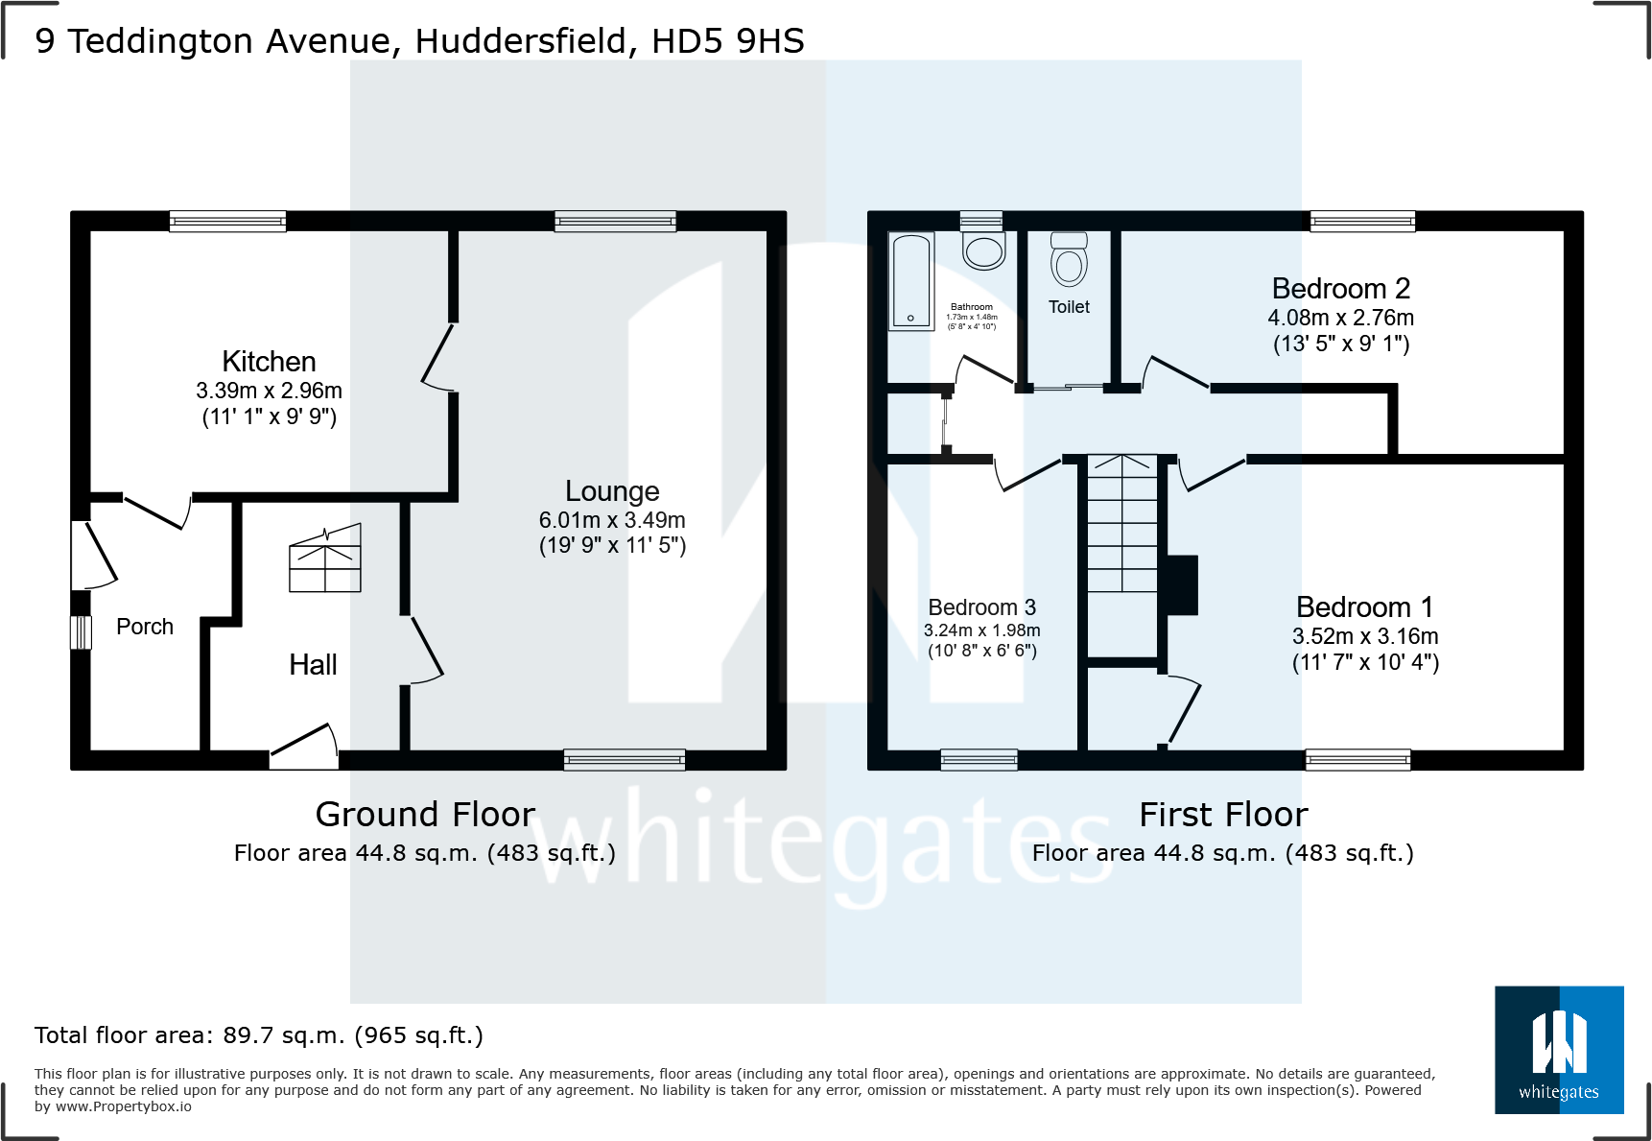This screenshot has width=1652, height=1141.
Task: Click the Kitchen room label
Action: pyautogui.click(x=269, y=362)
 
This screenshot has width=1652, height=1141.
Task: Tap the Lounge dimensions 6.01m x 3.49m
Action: pyautogui.click(x=612, y=520)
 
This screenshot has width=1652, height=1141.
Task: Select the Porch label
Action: pyautogui.click(x=145, y=627)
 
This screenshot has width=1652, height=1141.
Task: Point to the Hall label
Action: pyautogui.click(x=313, y=665)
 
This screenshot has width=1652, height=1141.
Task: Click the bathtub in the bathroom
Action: pyautogui.click(x=910, y=280)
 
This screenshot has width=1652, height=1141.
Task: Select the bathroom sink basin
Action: pyautogui.click(x=983, y=251)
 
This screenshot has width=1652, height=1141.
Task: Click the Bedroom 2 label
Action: pyautogui.click(x=1340, y=289)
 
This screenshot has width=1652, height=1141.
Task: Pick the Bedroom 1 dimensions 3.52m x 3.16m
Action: pyautogui.click(x=1365, y=636)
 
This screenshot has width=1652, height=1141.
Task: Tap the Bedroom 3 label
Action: pyautogui.click(x=981, y=607)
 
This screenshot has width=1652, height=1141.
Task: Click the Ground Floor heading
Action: pyautogui.click(x=425, y=815)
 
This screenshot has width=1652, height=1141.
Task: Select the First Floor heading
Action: pyautogui.click(x=1223, y=815)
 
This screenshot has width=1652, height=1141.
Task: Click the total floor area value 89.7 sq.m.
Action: pyautogui.click(x=284, y=1035)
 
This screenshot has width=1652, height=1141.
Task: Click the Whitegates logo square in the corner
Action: pyautogui.click(x=1559, y=1050)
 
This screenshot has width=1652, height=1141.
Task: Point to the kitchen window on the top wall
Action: pyautogui.click(x=227, y=222)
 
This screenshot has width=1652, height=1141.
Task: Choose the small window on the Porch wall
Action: pyautogui.click(x=81, y=632)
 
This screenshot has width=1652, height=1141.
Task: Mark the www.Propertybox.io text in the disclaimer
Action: pyautogui.click(x=124, y=1106)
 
